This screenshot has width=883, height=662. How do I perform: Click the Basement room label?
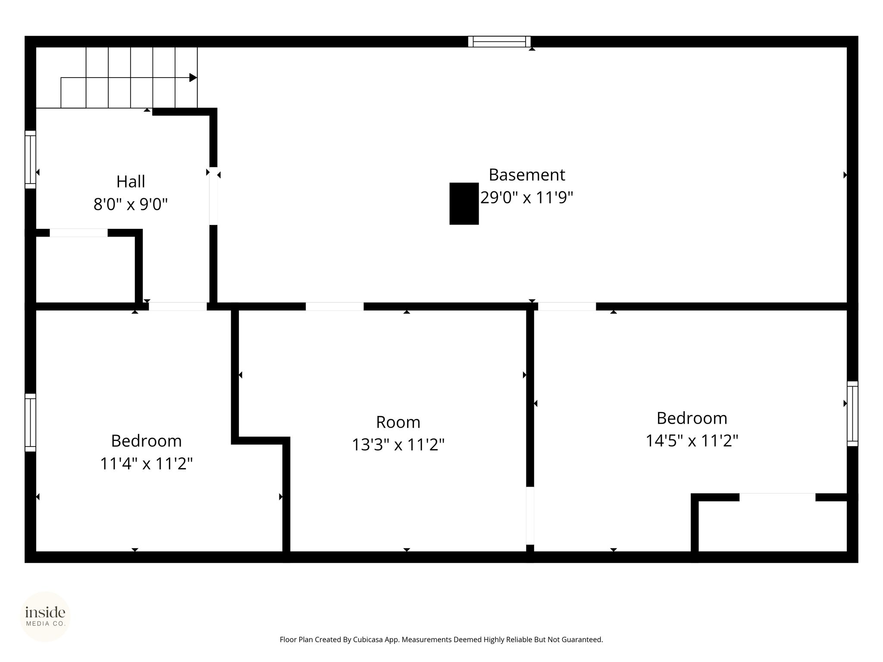[x=526, y=175]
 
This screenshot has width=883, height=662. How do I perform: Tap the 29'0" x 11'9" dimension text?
[x=526, y=198]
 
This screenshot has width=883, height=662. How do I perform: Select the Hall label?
[x=131, y=182]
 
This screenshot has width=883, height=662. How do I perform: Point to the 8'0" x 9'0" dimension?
[x=131, y=204]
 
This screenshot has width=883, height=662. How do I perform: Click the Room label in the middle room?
[x=398, y=422]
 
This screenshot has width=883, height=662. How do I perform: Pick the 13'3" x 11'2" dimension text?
[x=398, y=445]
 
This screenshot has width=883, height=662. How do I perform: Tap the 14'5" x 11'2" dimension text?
[x=692, y=441]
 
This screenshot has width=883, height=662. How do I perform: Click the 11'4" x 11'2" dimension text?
[x=146, y=464]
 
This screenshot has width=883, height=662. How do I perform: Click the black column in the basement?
[x=464, y=203]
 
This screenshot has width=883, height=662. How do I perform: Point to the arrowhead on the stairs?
[x=193, y=78]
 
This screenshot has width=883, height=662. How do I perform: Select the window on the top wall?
[x=499, y=42]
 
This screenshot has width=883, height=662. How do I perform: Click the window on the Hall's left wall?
[x=30, y=159]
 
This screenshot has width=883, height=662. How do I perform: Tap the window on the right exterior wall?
[x=852, y=413]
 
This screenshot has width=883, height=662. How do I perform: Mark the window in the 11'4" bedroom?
[x=30, y=422]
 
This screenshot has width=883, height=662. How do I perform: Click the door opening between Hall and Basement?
[x=213, y=196]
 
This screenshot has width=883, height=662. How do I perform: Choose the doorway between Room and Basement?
[x=335, y=306]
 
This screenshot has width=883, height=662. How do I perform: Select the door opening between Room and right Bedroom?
[x=530, y=516]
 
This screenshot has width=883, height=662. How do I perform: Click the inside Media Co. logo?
[x=45, y=616]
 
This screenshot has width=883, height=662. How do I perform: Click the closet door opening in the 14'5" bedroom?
[x=777, y=497]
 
